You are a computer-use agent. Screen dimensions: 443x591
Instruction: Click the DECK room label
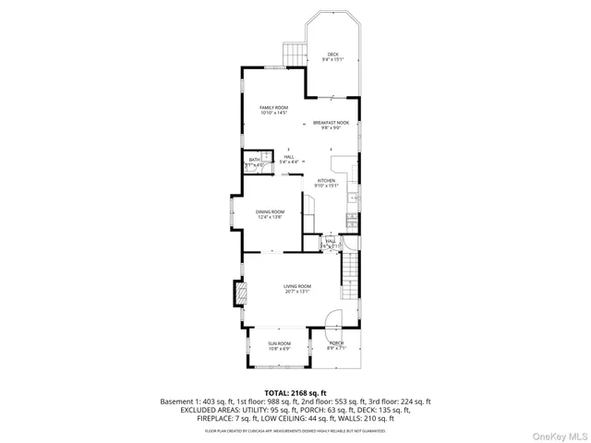coord(332,54)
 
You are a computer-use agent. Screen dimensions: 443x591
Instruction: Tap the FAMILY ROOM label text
coord(273,108)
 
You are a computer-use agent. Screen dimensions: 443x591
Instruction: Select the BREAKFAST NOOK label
coord(332,123)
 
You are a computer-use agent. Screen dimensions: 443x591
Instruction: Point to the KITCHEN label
coord(326,180)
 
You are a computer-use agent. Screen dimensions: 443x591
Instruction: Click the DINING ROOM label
coord(270,211)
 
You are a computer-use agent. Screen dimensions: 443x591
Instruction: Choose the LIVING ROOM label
coord(296,286)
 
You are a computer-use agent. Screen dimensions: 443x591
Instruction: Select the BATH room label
coord(253,161)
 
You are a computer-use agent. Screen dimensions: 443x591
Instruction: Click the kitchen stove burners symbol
coord(352,220)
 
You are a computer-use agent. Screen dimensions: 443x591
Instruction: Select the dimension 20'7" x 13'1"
coord(296,292)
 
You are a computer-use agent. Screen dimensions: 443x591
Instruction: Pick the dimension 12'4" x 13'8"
coord(270,217)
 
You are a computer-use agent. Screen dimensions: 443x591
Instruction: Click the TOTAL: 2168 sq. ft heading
coord(295,393)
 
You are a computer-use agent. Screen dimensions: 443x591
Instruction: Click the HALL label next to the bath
coord(289,157)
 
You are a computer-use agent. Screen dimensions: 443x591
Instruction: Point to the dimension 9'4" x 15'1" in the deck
coord(332,60)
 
